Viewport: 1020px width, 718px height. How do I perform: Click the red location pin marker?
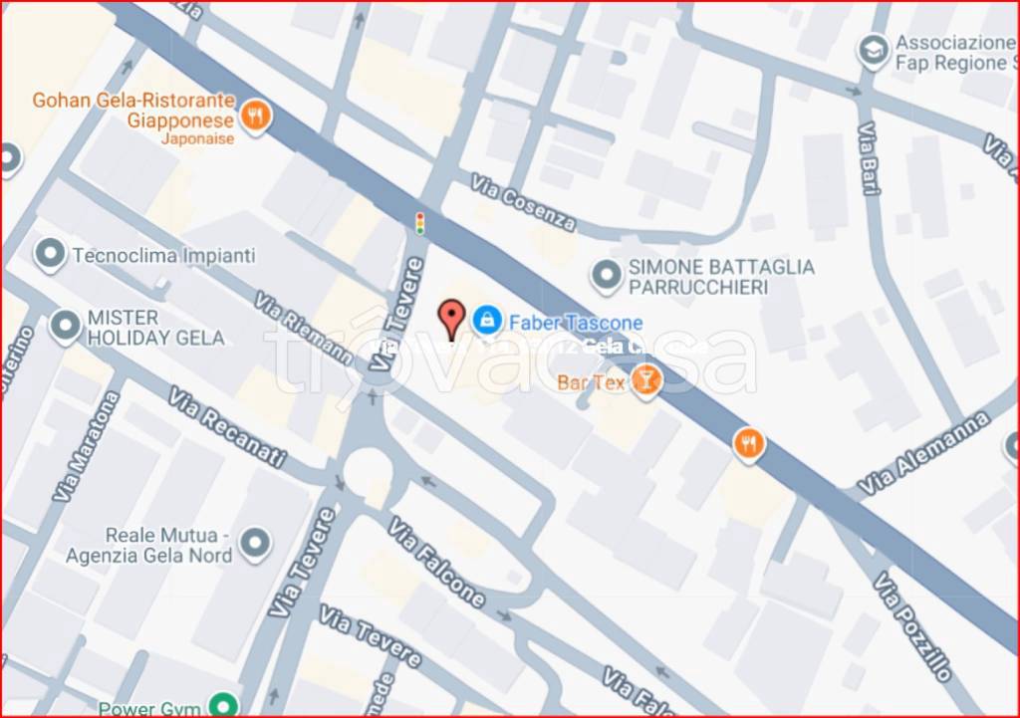tap(452, 319)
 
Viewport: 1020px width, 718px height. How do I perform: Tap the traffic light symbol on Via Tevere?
tap(420, 222)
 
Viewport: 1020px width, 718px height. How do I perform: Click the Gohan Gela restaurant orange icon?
tap(257, 117)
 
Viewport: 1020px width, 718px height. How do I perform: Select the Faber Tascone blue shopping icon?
tap(486, 320)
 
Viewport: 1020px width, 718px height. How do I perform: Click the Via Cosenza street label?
tap(524, 203)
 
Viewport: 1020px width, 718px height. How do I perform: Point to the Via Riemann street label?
tap(303, 328)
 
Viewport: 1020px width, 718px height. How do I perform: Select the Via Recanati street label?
tap(227, 427)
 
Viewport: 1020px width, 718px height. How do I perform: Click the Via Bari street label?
tap(871, 159)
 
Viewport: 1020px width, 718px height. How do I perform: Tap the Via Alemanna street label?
tap(923, 454)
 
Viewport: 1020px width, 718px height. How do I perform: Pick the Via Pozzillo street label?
tap(913, 625)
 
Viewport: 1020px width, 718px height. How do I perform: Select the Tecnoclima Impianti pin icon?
tap(50, 255)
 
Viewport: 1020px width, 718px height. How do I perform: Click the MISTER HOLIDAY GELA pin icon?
tap(66, 327)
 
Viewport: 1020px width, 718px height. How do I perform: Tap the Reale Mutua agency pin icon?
tap(256, 544)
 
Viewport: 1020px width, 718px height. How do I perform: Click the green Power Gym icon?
tap(226, 706)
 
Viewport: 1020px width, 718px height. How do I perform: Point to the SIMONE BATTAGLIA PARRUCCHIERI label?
tap(721, 277)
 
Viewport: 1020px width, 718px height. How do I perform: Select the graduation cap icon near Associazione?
tap(874, 52)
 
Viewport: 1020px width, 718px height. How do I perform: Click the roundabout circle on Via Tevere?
tap(369, 472)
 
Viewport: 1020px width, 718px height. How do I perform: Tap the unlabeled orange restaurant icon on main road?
tap(749, 444)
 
